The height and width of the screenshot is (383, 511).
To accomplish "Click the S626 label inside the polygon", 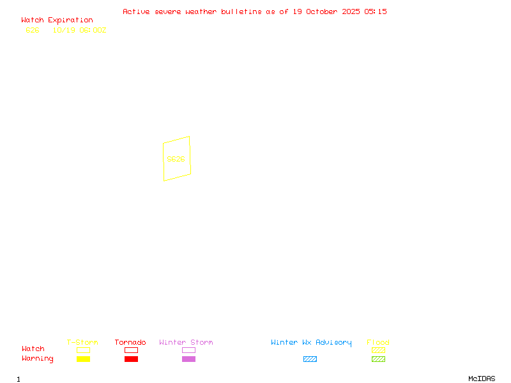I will click(176, 159).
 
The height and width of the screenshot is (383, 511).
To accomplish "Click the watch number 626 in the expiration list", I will click(33, 30).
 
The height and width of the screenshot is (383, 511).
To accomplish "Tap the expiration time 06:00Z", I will click(93, 30).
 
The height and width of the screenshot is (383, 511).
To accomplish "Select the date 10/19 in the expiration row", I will click(63, 30).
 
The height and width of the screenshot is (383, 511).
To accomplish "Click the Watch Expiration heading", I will click(57, 20).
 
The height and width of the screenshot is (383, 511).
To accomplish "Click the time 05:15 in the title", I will click(376, 11).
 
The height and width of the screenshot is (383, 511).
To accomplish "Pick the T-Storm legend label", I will click(82, 343).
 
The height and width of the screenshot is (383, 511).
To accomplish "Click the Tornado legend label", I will click(130, 343).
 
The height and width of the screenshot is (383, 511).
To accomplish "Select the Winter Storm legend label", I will click(186, 343).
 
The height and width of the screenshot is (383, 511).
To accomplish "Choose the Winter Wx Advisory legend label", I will click(311, 343).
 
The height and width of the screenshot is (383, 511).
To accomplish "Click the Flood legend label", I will click(378, 343).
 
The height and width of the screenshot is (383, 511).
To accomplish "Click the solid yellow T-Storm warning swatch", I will click(83, 359).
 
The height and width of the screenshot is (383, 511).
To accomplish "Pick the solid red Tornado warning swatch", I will click(131, 359).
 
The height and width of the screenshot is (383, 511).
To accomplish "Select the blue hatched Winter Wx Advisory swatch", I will click(310, 359).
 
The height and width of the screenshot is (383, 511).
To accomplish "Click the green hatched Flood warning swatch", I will click(378, 359).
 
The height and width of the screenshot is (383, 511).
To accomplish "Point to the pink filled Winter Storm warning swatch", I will click(188, 359).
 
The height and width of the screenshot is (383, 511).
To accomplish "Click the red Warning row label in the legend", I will click(38, 359).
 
